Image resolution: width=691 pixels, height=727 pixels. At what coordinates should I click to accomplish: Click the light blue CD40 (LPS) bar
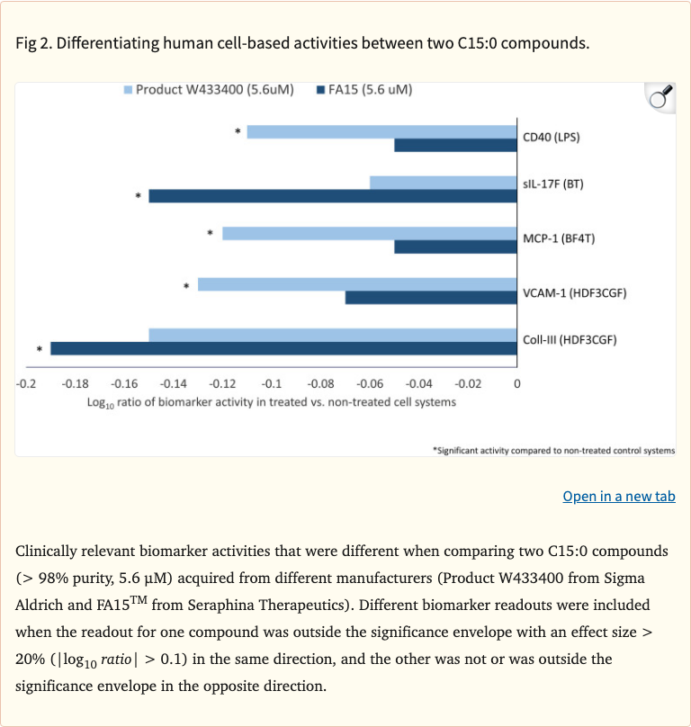(x=382, y=131)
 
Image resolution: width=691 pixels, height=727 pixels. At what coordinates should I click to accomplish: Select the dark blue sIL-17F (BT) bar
(x=333, y=196)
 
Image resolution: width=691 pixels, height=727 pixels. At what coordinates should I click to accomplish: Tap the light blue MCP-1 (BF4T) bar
(x=370, y=234)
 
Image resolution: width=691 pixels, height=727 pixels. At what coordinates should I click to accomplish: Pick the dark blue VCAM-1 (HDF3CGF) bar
(x=431, y=297)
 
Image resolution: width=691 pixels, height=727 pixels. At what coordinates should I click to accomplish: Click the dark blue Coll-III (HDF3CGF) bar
(x=283, y=348)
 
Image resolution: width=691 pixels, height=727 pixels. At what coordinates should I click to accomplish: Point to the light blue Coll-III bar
(x=333, y=336)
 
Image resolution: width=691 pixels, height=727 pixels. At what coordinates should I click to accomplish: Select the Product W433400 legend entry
(x=209, y=90)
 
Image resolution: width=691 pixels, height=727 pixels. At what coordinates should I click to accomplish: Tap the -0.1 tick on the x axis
(x=271, y=384)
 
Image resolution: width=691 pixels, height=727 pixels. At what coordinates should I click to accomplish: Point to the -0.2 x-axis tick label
(x=26, y=384)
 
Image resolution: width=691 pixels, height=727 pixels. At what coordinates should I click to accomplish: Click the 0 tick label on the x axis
(x=516, y=384)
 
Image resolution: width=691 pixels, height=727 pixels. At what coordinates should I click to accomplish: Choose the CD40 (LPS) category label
(x=552, y=138)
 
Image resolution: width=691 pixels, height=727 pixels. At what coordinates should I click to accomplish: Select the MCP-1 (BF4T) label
(x=558, y=239)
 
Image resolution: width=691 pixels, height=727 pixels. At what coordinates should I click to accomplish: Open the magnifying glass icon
(x=660, y=97)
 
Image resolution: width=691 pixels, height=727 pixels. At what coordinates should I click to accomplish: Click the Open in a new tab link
(x=618, y=497)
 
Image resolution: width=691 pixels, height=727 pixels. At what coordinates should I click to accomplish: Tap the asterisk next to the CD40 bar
(x=238, y=132)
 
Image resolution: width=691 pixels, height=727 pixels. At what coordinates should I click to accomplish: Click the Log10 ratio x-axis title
(x=271, y=402)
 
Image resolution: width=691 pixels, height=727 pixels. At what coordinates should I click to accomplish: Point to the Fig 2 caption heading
(x=302, y=43)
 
